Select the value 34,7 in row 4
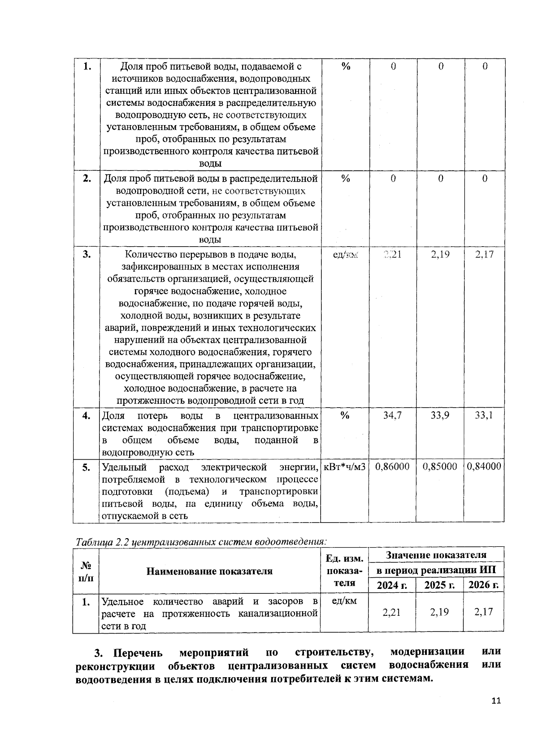click(x=392, y=415)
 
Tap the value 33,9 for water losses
click(x=440, y=415)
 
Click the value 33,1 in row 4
click(x=484, y=415)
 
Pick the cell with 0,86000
click(x=392, y=466)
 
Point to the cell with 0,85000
click(x=440, y=466)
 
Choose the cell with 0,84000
click(x=484, y=466)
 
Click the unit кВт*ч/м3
click(x=344, y=467)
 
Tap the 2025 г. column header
click(x=439, y=585)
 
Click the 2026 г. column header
click(x=484, y=585)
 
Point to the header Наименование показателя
click(x=209, y=571)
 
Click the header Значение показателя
click(x=436, y=555)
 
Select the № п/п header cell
click(x=86, y=571)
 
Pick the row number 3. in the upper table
click(x=87, y=255)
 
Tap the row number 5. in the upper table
click(x=87, y=467)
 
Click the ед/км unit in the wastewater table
click(x=344, y=601)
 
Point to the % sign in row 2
click(x=345, y=179)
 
